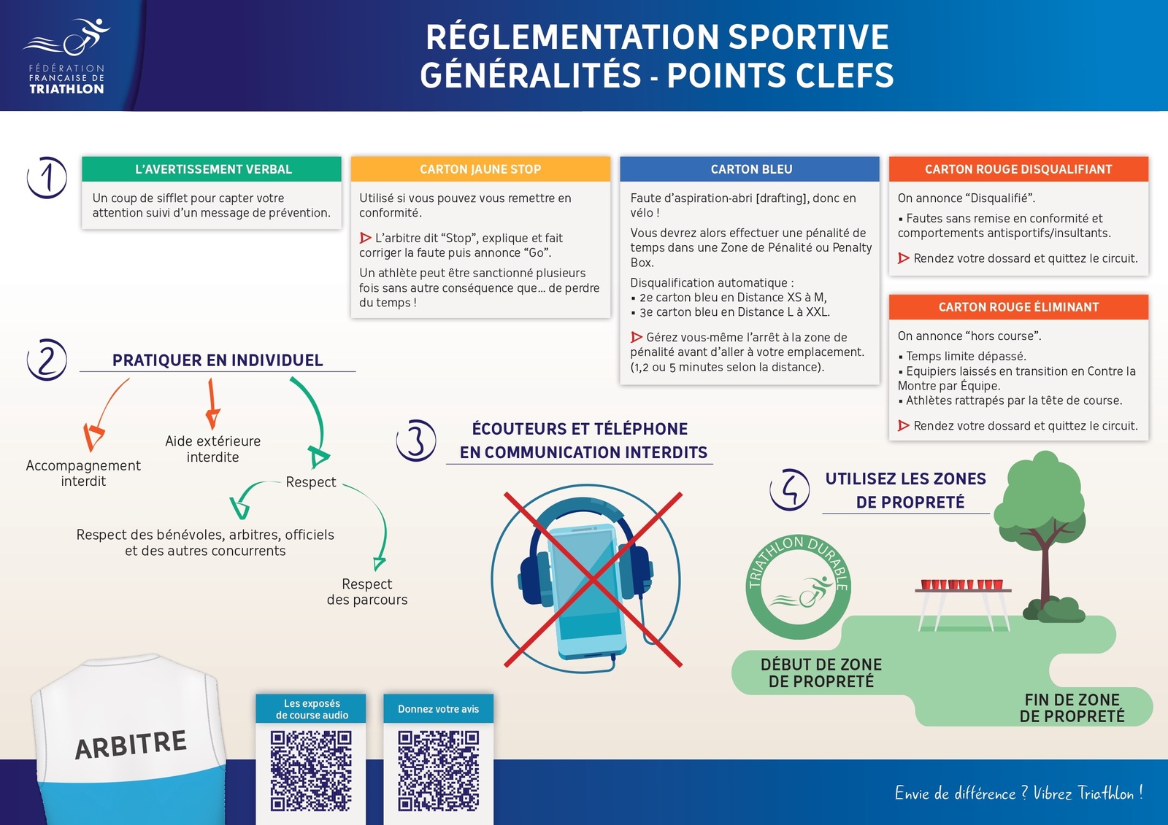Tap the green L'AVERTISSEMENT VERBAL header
point(212,169)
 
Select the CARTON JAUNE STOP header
point(480,169)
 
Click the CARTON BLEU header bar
point(750,169)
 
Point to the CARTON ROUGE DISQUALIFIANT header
point(1018,169)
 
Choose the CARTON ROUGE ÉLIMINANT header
point(1018,307)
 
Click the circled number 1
point(47,177)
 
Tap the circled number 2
point(47,360)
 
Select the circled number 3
point(416,441)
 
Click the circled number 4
point(790,489)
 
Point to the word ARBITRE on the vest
point(131,745)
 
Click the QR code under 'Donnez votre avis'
point(438,770)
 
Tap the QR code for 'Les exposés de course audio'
point(311,770)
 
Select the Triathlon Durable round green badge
point(798,586)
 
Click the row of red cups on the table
point(962,584)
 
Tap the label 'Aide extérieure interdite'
point(212,449)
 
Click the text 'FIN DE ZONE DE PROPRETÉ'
point(1072,708)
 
